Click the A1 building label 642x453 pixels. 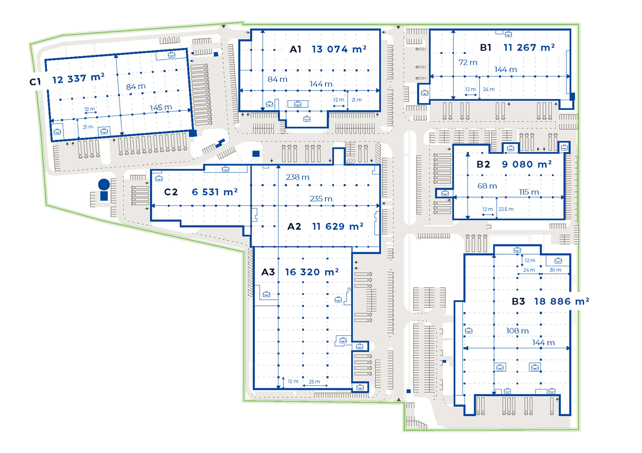(x=295, y=49)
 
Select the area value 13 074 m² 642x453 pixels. (x=339, y=49)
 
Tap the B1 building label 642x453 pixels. (x=485, y=48)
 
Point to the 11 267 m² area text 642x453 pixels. (x=529, y=48)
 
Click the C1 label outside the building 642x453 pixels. (x=35, y=82)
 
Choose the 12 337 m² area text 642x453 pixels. (x=78, y=79)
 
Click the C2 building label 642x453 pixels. (x=171, y=192)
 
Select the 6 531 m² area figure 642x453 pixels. (x=215, y=192)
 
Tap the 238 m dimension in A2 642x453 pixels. (x=298, y=177)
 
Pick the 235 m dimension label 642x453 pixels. (x=321, y=199)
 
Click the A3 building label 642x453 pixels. (x=268, y=272)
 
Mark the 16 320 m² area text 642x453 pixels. (x=312, y=272)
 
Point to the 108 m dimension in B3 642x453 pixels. (x=517, y=331)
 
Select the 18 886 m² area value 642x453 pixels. (x=561, y=301)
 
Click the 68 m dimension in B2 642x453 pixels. (x=487, y=186)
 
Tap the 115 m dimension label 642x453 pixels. (x=528, y=192)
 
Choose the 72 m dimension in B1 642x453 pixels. (x=468, y=62)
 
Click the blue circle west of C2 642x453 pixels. (x=104, y=185)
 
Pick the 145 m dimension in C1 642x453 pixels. (x=160, y=107)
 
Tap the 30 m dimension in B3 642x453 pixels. (x=555, y=270)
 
